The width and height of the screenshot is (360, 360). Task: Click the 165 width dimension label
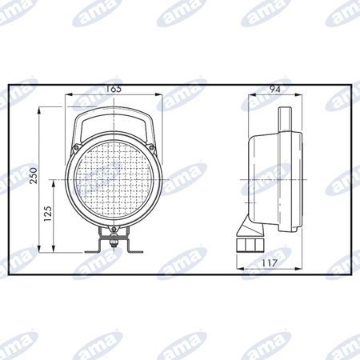pyautogui.click(x=114, y=89)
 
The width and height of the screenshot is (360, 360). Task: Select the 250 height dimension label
pyautogui.click(x=34, y=175)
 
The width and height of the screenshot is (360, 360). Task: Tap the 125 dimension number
pyautogui.click(x=48, y=214)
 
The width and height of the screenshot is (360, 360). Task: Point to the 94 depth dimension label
pyautogui.click(x=274, y=89)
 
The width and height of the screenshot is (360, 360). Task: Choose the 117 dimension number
pyautogui.click(x=270, y=263)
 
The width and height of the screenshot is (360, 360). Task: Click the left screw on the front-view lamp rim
pyautogui.click(x=76, y=147)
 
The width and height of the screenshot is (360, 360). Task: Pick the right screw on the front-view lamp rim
pyautogui.click(x=151, y=147)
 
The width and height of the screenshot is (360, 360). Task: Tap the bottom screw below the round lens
pyautogui.click(x=114, y=229)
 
